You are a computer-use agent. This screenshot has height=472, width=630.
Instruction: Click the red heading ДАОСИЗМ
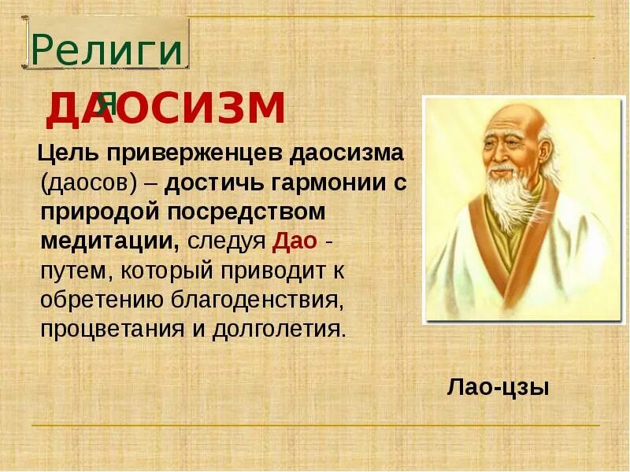pyautogui.click(x=165, y=109)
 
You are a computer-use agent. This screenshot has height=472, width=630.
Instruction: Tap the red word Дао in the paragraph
pyautogui.click(x=295, y=240)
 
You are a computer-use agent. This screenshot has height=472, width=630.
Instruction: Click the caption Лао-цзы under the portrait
pyautogui.click(x=498, y=387)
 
